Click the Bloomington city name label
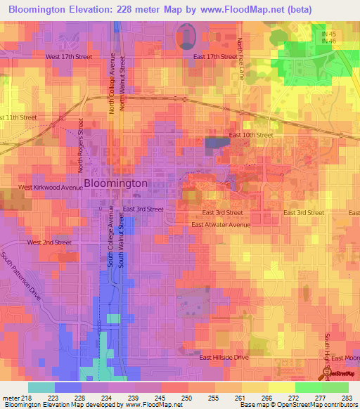116,183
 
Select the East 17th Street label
211,56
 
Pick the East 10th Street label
251,135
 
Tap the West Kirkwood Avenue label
47,188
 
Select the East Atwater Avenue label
221,225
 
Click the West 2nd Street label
49,242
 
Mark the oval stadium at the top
186,35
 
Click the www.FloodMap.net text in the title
219,10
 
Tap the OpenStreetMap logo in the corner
340,373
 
